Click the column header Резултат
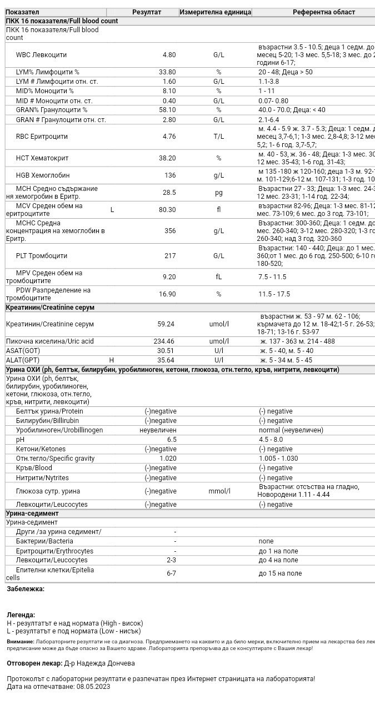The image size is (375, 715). (x=147, y=12)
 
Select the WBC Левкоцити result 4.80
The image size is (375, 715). (x=169, y=55)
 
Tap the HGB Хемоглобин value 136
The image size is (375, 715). (x=170, y=175)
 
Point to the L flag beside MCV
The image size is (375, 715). (x=112, y=210)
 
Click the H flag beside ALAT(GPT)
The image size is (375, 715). (x=112, y=360)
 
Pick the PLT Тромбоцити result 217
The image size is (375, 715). (x=169, y=256)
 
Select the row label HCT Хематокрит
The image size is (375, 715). (x=42, y=158)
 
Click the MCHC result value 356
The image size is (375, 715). (x=169, y=231)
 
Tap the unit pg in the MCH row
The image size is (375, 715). (x=219, y=193)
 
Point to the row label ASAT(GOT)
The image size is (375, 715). (x=23, y=351)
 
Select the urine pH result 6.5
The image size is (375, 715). (x=172, y=440)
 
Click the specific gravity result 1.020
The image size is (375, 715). (x=168, y=459)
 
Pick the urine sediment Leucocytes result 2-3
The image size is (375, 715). (x=171, y=560)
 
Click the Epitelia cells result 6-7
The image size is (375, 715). (x=171, y=573)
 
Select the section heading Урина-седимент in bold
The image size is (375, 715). (x=32, y=513)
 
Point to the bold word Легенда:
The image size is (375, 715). (x=21, y=615)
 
